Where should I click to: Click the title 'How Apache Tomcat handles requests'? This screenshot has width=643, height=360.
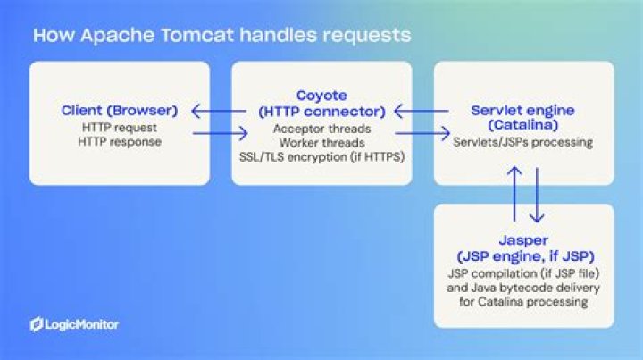221,36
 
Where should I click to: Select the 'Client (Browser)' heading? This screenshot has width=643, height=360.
120,112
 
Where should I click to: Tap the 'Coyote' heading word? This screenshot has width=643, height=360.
321,95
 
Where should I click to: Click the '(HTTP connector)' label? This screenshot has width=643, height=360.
321,111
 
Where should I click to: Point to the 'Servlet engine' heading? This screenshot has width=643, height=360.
523,111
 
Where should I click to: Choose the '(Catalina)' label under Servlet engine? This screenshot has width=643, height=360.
523,127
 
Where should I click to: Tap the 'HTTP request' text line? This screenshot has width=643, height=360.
120,129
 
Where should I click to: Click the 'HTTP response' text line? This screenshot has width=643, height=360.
120,142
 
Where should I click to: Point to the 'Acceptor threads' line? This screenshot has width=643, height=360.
321,128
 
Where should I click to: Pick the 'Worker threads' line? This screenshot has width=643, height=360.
321,142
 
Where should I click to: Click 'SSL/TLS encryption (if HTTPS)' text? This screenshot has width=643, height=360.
321,156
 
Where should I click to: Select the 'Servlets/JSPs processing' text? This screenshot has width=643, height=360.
523,143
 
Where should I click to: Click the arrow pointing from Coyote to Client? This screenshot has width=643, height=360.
220,113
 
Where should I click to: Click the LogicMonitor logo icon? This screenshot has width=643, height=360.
37,323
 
